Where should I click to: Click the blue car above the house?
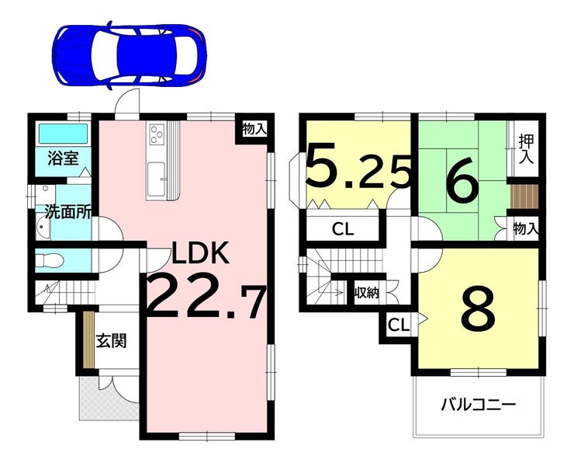(x=130, y=56)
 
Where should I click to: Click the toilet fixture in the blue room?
(x=50, y=261)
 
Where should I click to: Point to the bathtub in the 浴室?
(x=63, y=134)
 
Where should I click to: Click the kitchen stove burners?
(x=157, y=135)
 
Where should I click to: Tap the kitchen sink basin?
(x=157, y=179)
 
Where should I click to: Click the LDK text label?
(x=201, y=253)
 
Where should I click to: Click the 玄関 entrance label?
(x=111, y=340)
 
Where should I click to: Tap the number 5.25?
(x=358, y=167)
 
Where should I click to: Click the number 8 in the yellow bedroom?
(x=478, y=308)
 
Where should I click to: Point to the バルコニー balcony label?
(x=478, y=406)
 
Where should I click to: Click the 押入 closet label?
(x=526, y=150)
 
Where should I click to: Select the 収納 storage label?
(x=367, y=293)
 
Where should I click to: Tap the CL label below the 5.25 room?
(x=343, y=229)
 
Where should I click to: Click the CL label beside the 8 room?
(x=398, y=325)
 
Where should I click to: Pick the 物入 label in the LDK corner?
(x=254, y=129)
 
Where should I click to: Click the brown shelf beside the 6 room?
(x=526, y=197)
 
